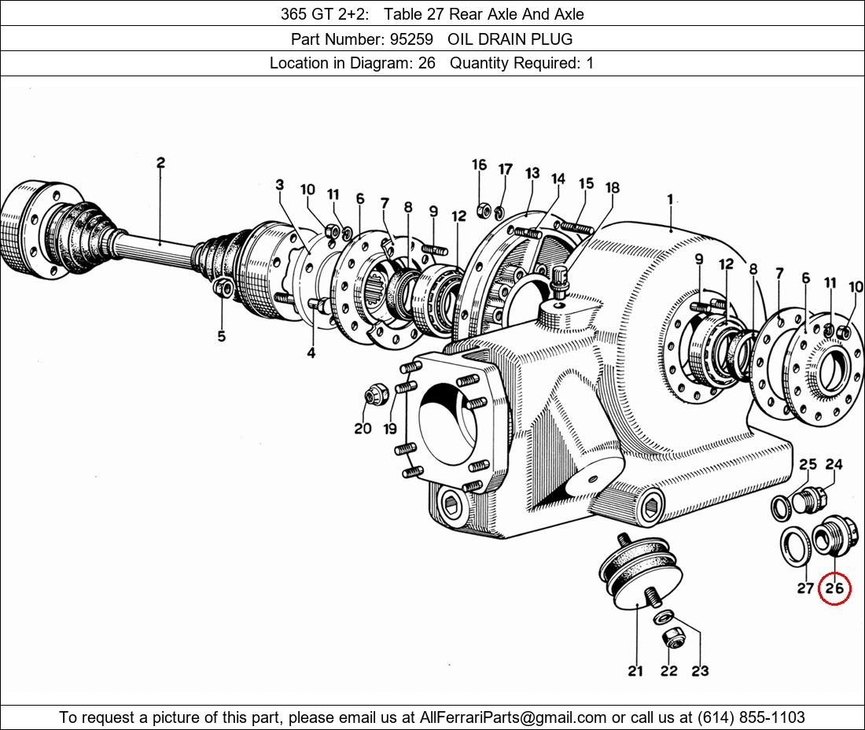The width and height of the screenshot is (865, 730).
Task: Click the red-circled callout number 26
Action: (x=834, y=588)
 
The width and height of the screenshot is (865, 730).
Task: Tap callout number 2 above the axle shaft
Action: (x=160, y=163)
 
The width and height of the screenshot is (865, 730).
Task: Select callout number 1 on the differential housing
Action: (x=670, y=199)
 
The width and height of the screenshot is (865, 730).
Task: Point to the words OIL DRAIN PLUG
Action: (x=510, y=39)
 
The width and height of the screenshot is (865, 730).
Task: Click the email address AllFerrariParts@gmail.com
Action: (x=513, y=717)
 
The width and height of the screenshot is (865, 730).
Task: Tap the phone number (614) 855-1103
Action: (x=751, y=717)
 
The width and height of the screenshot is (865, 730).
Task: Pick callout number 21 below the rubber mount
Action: (x=635, y=671)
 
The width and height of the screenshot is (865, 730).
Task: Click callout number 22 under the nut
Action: (x=668, y=671)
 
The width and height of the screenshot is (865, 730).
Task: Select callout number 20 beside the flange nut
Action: (x=363, y=428)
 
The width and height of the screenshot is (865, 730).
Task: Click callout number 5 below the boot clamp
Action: (x=221, y=336)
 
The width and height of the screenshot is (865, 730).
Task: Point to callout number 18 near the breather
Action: (x=613, y=187)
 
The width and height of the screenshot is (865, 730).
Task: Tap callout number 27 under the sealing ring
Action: (x=805, y=588)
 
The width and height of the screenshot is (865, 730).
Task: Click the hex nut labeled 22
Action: (x=672, y=639)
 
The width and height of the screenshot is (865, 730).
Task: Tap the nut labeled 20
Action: (x=377, y=395)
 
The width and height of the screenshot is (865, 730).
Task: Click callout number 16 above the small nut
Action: (x=479, y=164)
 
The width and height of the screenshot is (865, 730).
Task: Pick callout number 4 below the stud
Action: (x=311, y=352)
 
